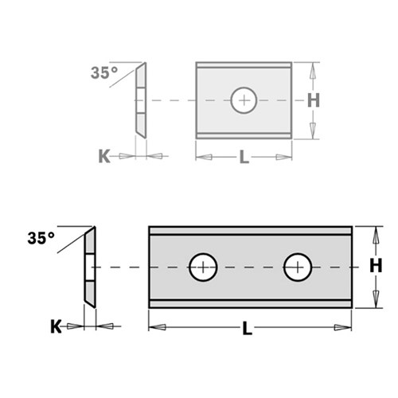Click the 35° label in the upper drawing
(x=103, y=72)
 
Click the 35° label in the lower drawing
(x=41, y=237)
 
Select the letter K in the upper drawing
(x=104, y=156)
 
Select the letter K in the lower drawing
(x=55, y=326)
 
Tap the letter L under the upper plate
(x=244, y=157)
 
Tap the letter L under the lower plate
(x=248, y=327)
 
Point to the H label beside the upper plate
(x=313, y=100)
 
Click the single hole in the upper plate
(x=244, y=100)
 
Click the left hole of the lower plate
(x=203, y=267)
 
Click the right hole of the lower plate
(x=298, y=267)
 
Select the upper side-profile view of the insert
(x=141, y=100)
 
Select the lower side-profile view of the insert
(x=90, y=267)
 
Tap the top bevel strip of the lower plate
(x=250, y=231)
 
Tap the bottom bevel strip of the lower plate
(x=250, y=302)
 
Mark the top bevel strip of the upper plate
(x=244, y=66)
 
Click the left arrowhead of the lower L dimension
(x=155, y=326)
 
